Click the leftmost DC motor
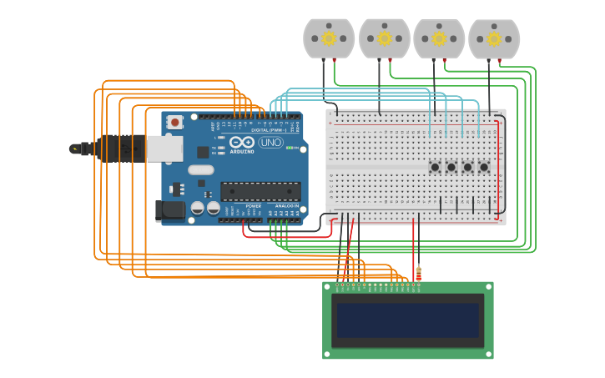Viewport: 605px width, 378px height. click(329, 38)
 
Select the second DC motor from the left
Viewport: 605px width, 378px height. click(384, 38)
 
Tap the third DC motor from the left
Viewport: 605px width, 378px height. click(439, 38)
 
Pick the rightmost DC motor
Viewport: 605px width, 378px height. click(494, 38)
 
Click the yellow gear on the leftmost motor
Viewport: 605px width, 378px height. click(329, 38)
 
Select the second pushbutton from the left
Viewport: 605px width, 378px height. click(451, 167)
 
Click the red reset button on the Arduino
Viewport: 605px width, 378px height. click(174, 122)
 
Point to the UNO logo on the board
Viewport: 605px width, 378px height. click(270, 143)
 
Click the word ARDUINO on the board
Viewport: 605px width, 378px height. click(242, 151)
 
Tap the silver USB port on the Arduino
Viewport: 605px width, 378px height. click(164, 149)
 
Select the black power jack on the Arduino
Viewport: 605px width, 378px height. click(170, 210)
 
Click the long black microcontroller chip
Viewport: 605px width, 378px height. click(260, 191)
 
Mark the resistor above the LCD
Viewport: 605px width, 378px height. click(418, 273)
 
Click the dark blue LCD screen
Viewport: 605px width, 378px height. click(407, 320)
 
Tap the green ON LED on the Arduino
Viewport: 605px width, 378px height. click(289, 148)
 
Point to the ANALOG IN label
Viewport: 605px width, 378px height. click(287, 205)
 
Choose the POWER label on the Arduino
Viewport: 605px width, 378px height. click(253, 205)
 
